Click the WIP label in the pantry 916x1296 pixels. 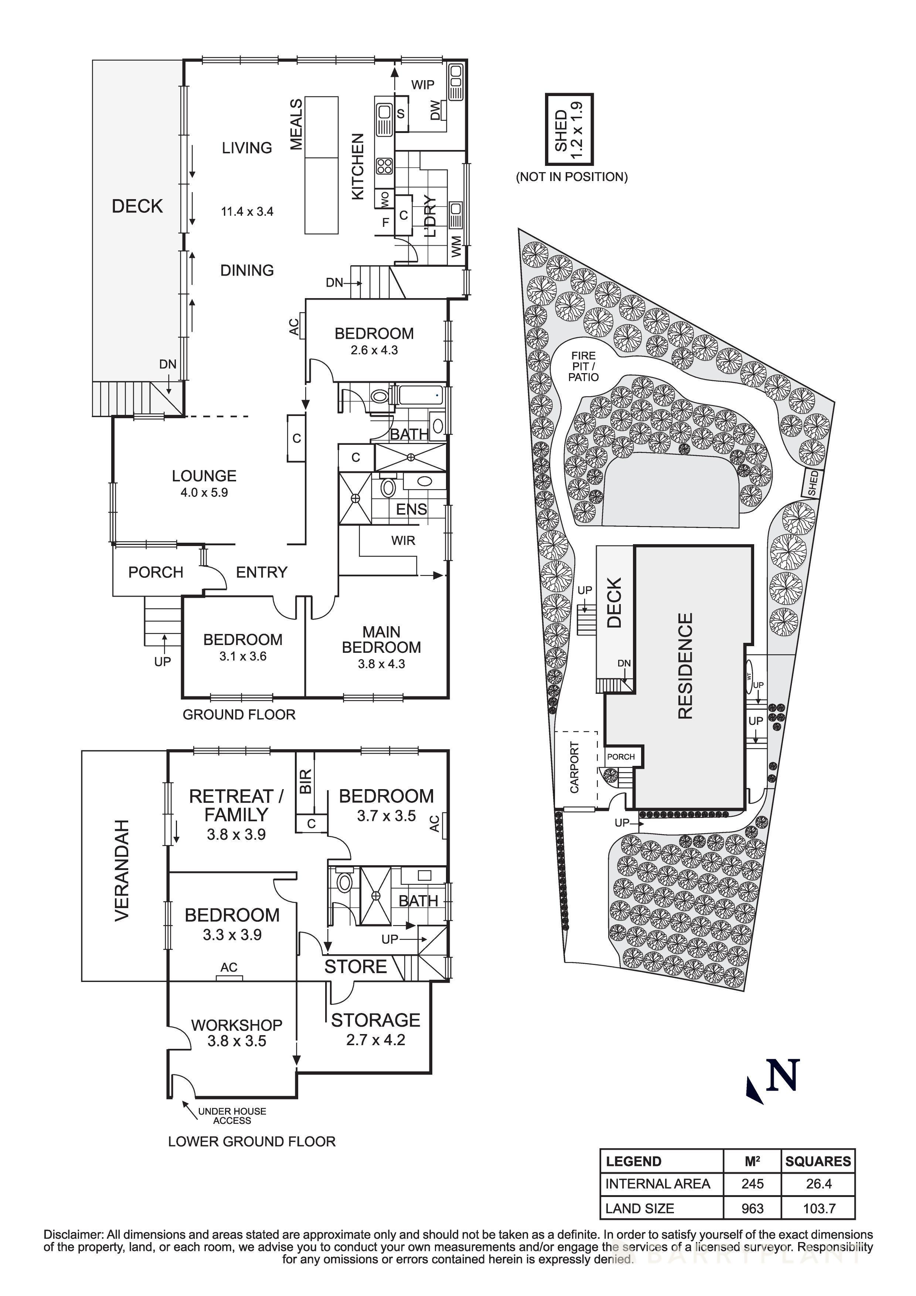click(x=423, y=85)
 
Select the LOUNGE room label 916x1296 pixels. click(x=204, y=476)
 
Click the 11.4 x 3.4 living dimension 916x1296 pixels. click(x=247, y=212)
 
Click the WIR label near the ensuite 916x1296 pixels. click(x=403, y=541)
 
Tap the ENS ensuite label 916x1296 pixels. click(x=411, y=509)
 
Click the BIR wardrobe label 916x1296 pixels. click(x=305, y=781)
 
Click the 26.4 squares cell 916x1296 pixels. click(x=818, y=1184)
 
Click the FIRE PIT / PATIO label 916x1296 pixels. click(x=583, y=366)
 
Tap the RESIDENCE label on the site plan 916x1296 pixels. click(x=685, y=666)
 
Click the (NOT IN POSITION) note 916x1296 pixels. click(x=572, y=177)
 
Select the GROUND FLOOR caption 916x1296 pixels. click(x=239, y=714)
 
